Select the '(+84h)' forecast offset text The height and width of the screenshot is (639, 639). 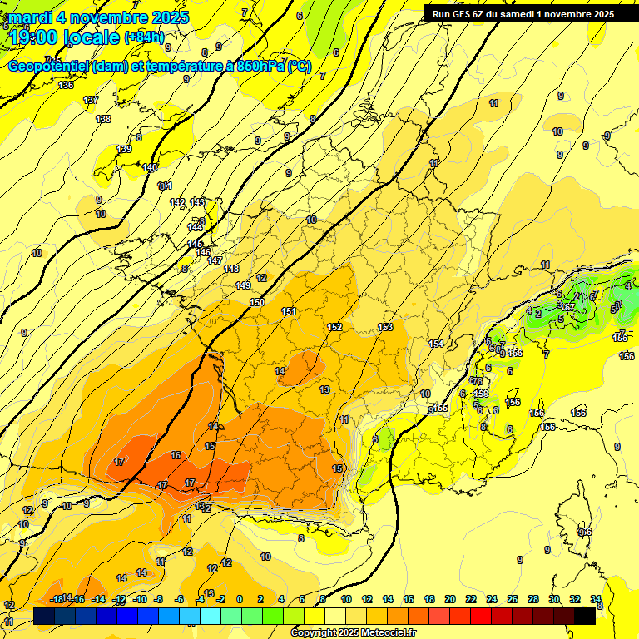144,37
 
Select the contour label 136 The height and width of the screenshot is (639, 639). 66,85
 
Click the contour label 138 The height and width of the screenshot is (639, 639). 103,119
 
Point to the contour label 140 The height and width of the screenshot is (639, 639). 150,167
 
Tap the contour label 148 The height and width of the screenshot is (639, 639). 231,268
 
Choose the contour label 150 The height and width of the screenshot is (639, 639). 257,302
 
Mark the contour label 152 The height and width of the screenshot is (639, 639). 334,327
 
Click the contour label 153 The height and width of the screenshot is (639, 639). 385,327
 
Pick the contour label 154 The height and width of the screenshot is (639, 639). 436,344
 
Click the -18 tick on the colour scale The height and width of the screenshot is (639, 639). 57,599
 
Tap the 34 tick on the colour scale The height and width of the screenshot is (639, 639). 596,599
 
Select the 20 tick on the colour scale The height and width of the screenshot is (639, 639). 450,599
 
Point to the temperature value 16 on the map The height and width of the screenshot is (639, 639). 176,455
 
